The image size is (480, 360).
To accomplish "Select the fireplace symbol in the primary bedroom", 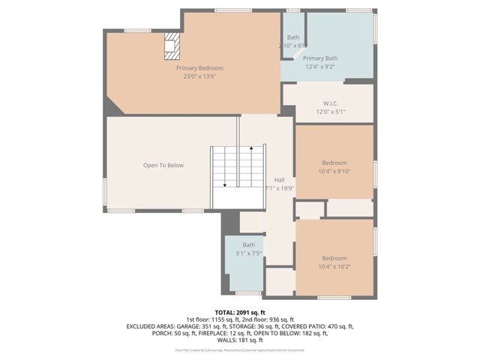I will click(x=172, y=46).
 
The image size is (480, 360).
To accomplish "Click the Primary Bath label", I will click(x=320, y=58).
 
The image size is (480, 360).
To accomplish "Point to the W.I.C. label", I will click(x=331, y=103).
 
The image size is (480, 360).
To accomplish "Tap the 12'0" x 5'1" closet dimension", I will click(x=331, y=112).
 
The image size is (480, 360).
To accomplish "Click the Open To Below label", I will click(x=163, y=165).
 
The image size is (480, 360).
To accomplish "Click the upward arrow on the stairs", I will click(x=251, y=150).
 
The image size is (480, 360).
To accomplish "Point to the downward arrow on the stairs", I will click(x=224, y=184).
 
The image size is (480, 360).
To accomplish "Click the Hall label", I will click(x=279, y=180).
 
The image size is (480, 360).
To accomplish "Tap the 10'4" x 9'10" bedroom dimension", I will click(x=334, y=171).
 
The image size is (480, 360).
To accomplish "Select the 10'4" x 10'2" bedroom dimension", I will click(x=334, y=266).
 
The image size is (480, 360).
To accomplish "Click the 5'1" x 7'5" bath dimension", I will click(x=248, y=253).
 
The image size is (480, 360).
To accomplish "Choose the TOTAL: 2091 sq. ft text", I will click(x=240, y=312).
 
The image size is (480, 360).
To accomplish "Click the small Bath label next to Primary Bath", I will click(x=292, y=37).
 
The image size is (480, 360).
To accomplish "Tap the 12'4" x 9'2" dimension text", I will click(x=320, y=67).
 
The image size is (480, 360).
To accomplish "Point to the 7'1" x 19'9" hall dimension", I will click(x=279, y=188).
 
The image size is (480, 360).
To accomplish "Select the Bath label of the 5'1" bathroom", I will click(x=248, y=245).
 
